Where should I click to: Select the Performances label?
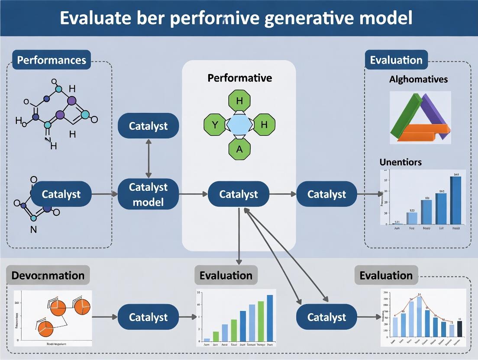52,60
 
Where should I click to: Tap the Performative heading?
239,78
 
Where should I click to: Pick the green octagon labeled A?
239,149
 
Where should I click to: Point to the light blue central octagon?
239,126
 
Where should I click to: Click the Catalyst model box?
148,194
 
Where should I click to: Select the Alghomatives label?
418,79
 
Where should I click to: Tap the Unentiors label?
400,162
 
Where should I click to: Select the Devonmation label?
48,276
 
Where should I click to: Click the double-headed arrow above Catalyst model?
149,158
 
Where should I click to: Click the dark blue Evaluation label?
396,60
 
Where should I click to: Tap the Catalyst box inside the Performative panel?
239,194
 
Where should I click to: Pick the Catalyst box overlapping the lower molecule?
61,194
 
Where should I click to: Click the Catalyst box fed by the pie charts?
148,317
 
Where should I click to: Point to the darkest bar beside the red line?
460,328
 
